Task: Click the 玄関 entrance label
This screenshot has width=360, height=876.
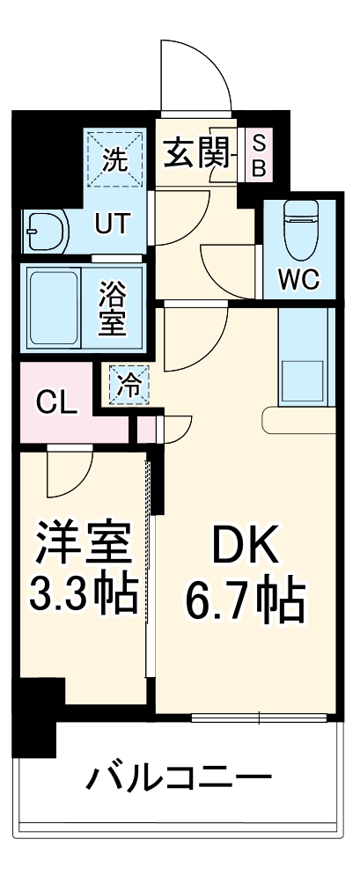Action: [x=198, y=156]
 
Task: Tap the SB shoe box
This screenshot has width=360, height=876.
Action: [x=258, y=156]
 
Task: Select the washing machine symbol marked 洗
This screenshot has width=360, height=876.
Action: [x=116, y=160]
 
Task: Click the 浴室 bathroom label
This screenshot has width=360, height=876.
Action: [x=114, y=305]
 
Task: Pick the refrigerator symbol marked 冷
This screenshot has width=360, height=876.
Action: [x=129, y=384]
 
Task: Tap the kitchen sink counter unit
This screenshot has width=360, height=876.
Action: [x=305, y=357]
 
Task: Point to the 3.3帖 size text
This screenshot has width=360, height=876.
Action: [x=84, y=596]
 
